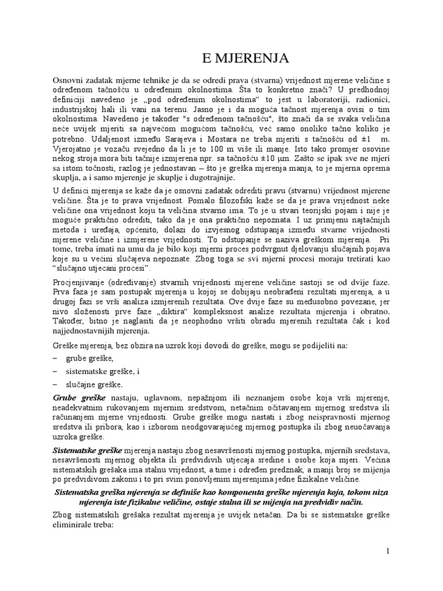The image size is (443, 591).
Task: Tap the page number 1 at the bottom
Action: [389, 551]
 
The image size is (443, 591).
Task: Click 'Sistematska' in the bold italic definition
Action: [78, 492]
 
